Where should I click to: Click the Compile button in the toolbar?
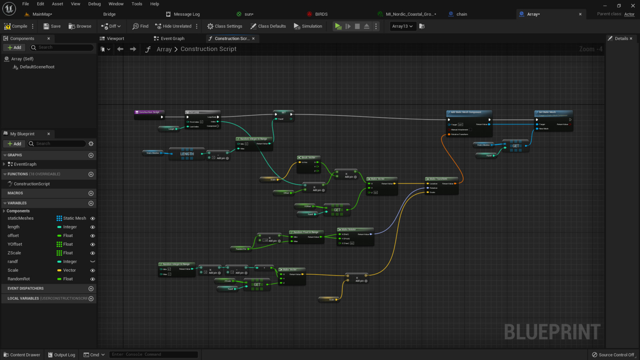[x=16, y=26]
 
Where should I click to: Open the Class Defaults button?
[x=268, y=26]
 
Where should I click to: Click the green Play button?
[x=338, y=26]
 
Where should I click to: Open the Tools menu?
[x=137, y=4]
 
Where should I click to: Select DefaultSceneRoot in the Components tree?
[x=37, y=67]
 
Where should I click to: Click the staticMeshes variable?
[x=21, y=218]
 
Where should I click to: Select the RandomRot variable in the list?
[x=19, y=279]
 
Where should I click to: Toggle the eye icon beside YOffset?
[x=92, y=244]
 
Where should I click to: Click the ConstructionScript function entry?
[x=32, y=184]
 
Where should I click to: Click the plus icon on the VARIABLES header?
[x=91, y=203]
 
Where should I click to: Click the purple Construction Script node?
[x=149, y=112]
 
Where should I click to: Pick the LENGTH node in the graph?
[x=187, y=154]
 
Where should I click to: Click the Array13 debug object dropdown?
[x=402, y=26]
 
